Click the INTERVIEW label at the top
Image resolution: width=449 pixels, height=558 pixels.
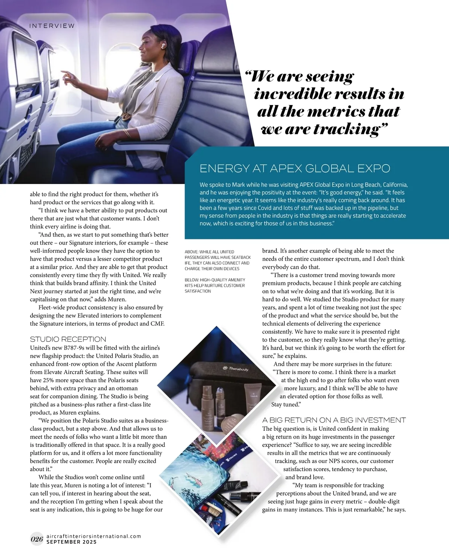52,26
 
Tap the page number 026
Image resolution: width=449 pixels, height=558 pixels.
37,539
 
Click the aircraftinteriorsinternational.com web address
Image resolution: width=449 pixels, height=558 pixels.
94,536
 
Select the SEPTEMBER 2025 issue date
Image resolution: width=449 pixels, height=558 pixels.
71,542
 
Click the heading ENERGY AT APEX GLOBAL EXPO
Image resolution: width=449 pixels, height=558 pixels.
294,169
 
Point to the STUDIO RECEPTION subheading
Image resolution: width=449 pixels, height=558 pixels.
68,339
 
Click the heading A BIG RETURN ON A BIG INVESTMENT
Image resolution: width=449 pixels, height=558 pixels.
334,420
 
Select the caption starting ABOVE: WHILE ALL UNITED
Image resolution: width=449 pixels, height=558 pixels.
217,260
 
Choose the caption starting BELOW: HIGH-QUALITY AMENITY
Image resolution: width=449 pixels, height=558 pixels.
215,285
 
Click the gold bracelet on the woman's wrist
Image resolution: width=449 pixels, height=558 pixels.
127,133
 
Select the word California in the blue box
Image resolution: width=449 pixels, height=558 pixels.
393,185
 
